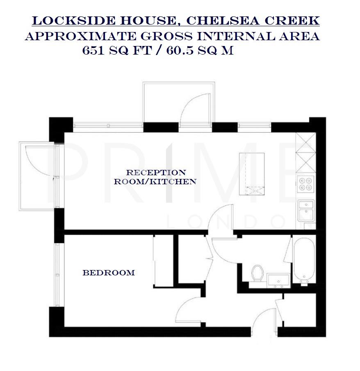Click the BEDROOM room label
pos(109,273)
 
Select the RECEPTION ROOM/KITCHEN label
pos(155,177)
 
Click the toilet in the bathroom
pos(257,273)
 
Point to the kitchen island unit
pos(252,173)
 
